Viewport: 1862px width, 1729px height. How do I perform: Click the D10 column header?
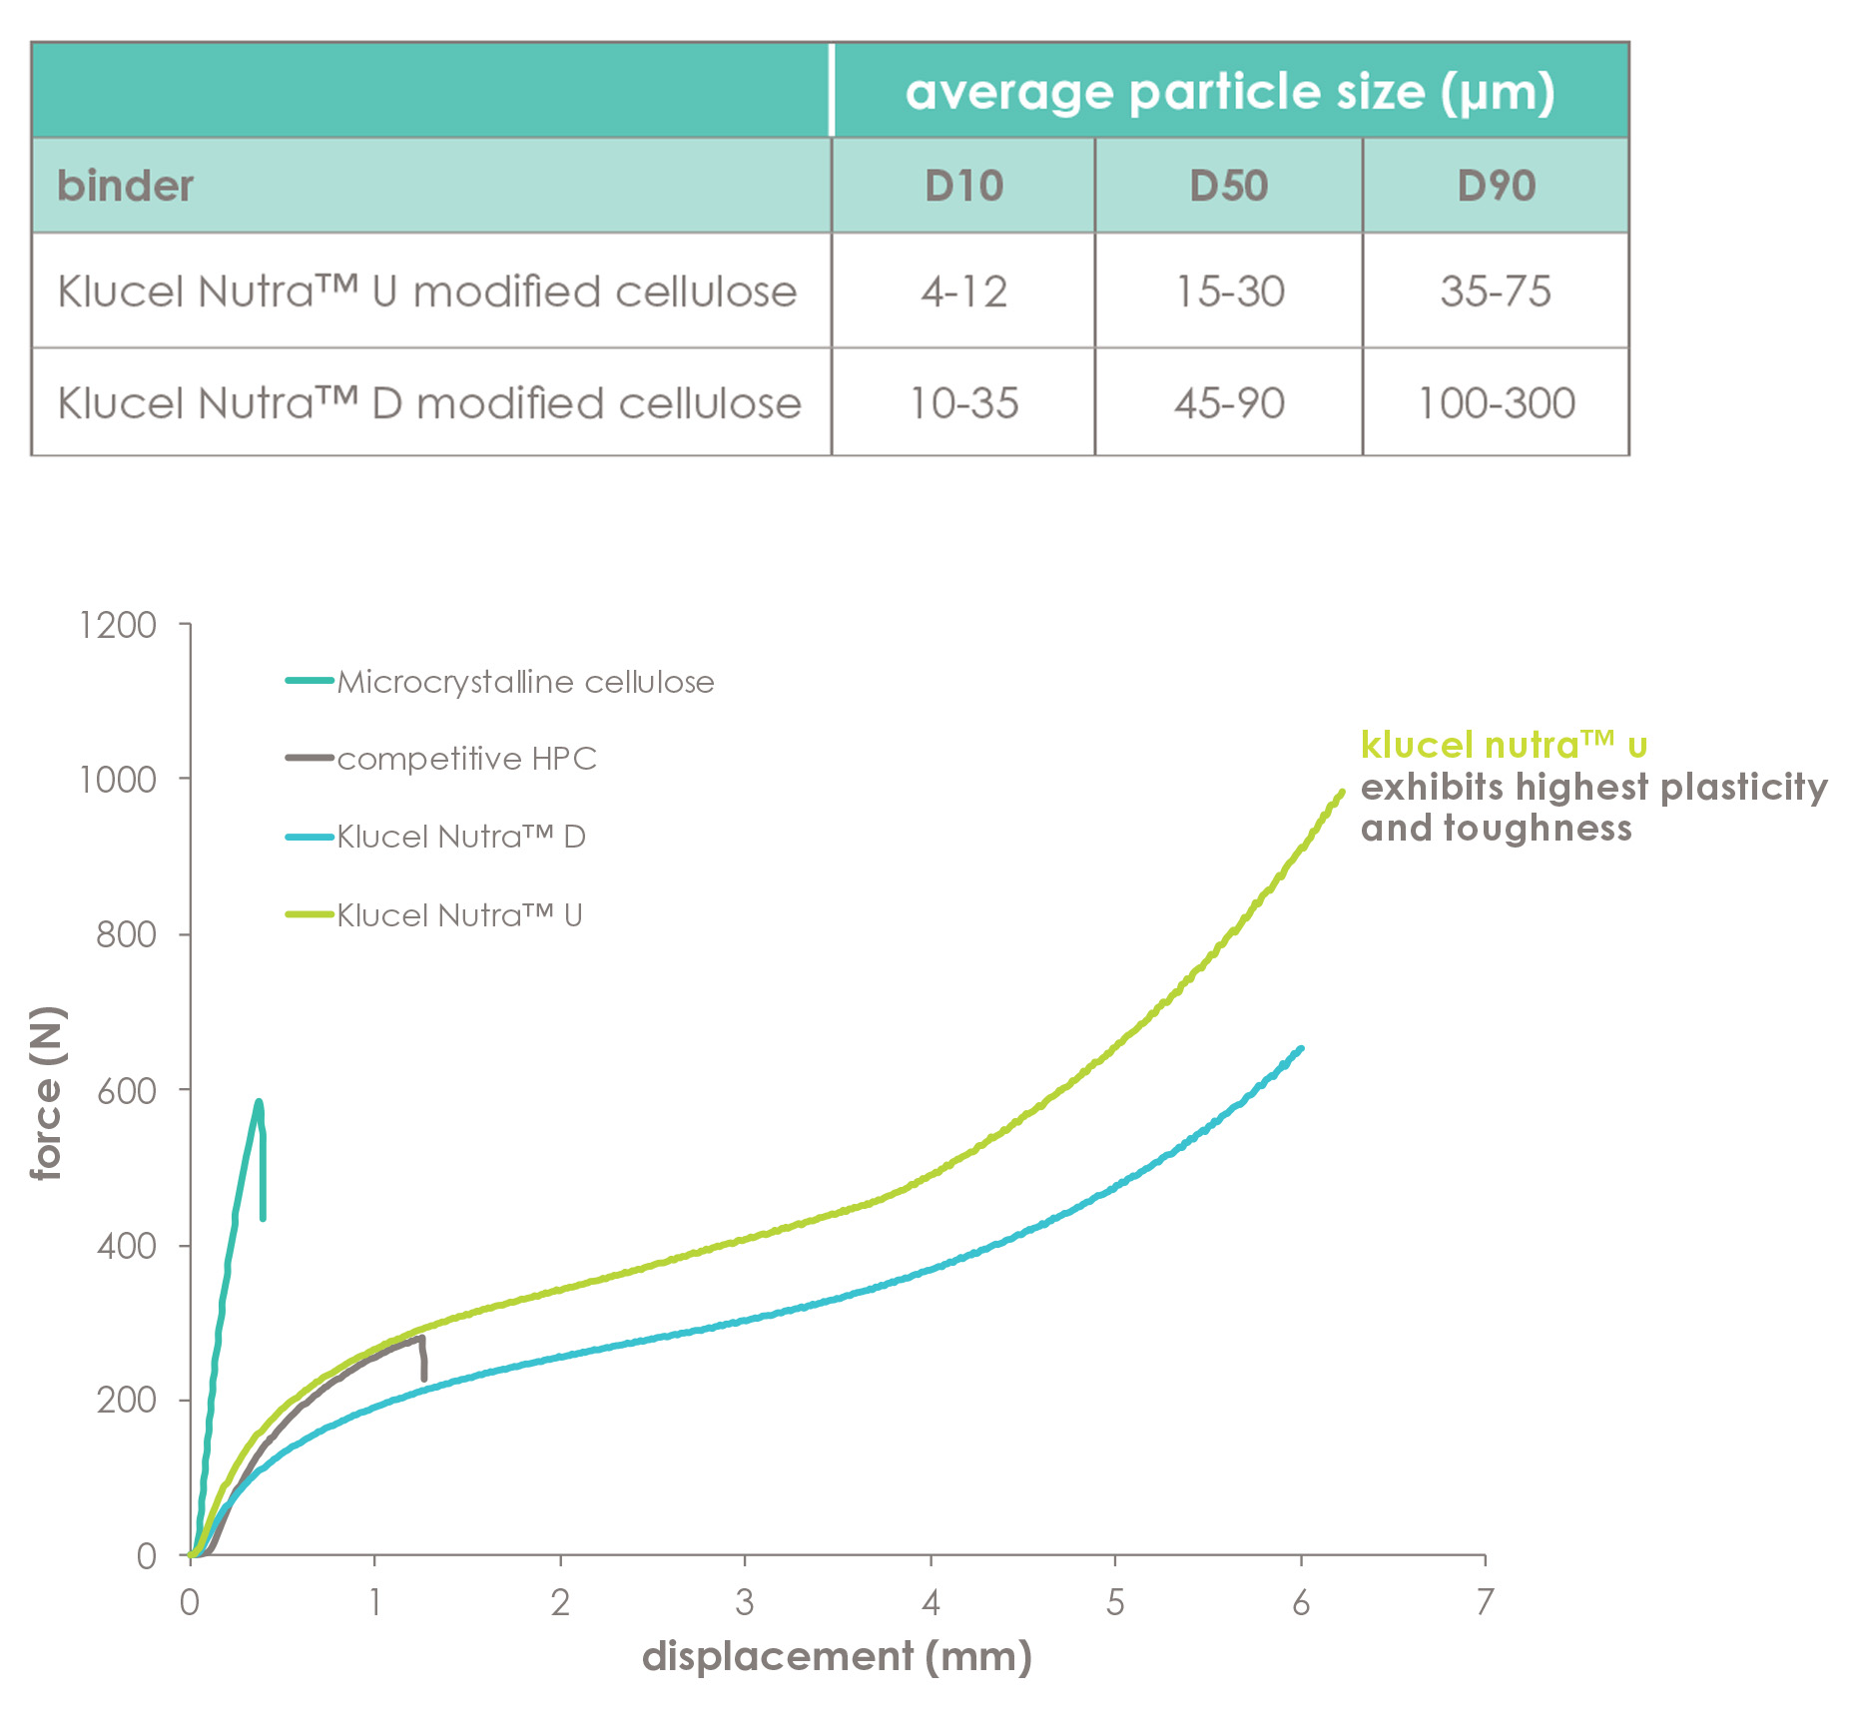963,186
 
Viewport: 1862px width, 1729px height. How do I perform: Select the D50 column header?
1229,186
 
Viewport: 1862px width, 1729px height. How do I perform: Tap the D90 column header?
1496,186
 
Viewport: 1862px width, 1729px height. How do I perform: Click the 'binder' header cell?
125,186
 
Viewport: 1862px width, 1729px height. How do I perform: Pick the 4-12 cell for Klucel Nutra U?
963,291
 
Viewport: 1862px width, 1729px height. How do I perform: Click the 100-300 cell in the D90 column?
1497,403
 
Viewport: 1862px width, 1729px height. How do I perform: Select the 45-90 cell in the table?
1229,403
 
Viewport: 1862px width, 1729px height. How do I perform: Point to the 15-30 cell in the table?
1229,291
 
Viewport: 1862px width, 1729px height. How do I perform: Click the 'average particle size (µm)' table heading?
1230,92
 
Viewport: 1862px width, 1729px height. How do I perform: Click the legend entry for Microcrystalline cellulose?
500,682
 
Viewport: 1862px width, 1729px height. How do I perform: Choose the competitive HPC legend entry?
441,759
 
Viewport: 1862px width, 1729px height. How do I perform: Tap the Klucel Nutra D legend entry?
435,837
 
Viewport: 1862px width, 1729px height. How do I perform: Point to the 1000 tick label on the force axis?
118,780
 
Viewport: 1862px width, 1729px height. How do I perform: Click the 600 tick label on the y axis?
127,1090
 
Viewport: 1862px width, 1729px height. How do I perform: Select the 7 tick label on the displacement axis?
1486,1602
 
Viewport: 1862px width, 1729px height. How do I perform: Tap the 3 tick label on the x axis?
745,1602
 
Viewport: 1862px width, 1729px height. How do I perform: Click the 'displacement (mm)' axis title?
837,1656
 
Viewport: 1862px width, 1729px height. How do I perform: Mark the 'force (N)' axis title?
46,1093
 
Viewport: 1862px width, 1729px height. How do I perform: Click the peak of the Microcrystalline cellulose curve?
259,1102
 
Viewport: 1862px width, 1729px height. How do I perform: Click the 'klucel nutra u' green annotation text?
1504,745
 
